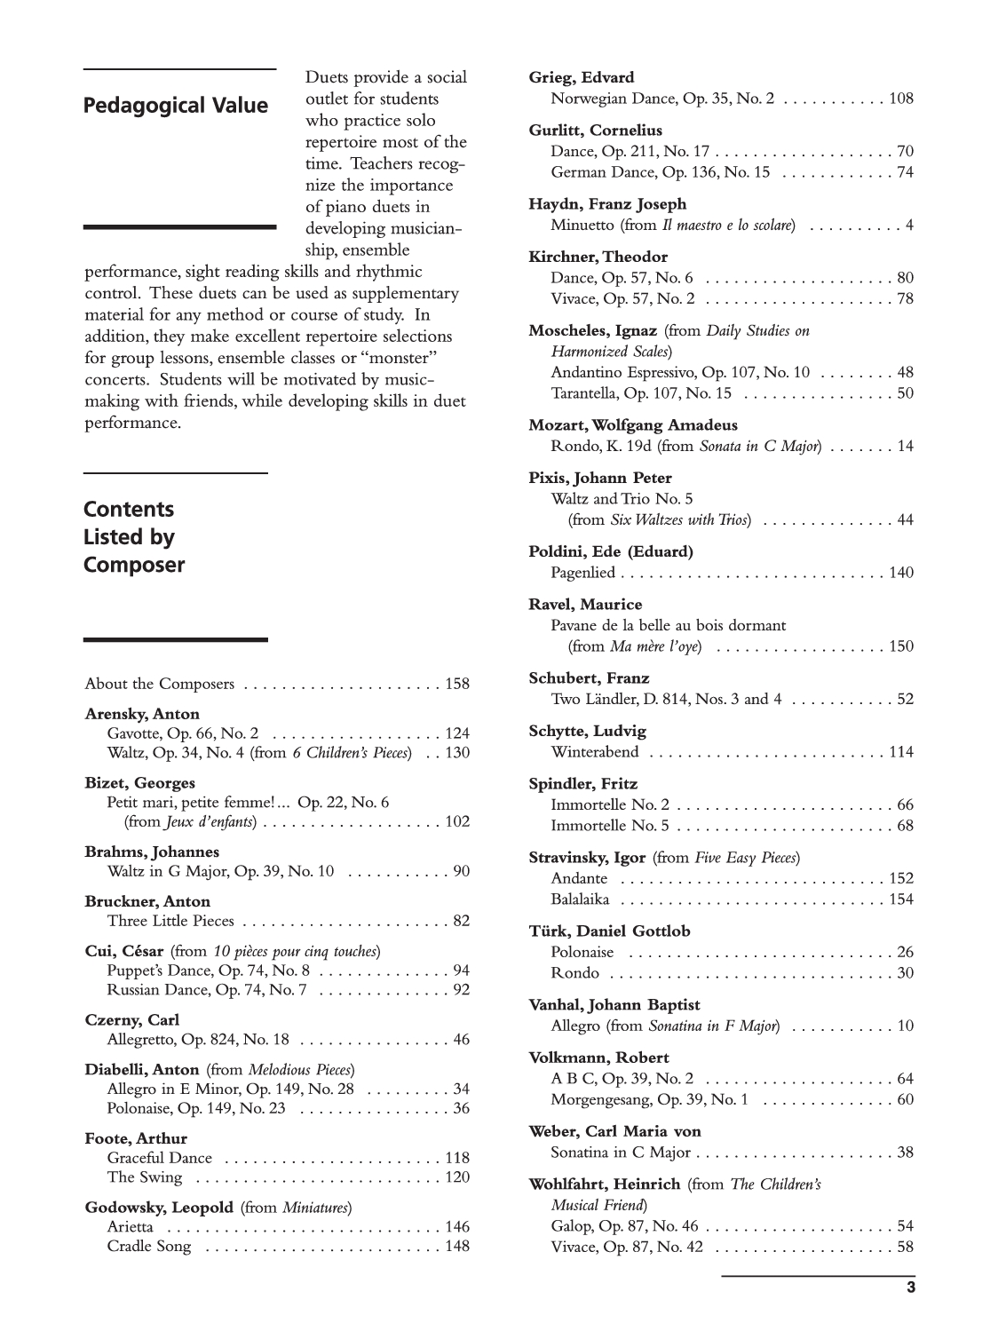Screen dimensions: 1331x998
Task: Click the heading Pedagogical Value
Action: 175,106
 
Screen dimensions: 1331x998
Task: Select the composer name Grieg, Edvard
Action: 581,77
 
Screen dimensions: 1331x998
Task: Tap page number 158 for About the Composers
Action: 457,684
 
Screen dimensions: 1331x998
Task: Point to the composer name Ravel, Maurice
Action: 585,604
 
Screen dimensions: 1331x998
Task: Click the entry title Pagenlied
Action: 582,573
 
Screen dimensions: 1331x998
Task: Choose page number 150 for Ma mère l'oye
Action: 901,646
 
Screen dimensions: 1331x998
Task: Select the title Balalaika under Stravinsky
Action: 580,899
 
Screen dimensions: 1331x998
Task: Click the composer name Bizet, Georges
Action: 139,783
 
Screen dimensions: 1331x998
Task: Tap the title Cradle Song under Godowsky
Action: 148,1247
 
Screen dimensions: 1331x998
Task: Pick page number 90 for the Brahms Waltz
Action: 461,871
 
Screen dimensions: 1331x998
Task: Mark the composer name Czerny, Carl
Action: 131,1019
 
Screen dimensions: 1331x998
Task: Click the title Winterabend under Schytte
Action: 594,752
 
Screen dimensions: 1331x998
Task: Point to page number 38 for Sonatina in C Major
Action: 905,1153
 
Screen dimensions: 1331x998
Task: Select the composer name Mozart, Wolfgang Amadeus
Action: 633,424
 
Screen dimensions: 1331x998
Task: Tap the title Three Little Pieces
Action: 170,921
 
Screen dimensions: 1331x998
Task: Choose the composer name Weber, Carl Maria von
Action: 614,1131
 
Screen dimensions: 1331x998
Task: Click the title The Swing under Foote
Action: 144,1177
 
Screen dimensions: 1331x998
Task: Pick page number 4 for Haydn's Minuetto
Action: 909,225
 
